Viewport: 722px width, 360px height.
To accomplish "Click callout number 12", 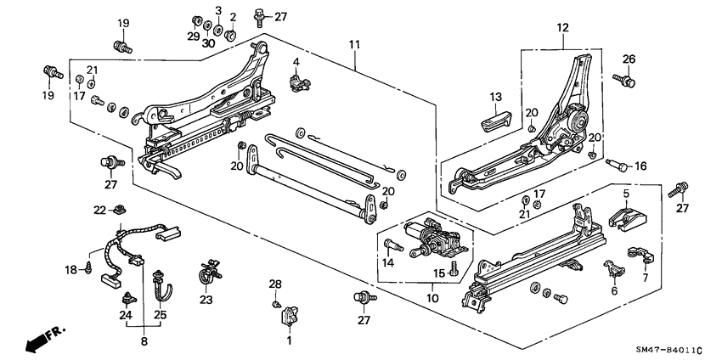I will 561,28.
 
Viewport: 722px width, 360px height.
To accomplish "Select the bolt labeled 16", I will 621,166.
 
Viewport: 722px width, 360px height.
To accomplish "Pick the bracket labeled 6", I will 614,272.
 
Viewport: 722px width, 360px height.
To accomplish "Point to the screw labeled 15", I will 453,267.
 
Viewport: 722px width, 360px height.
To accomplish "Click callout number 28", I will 275,283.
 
